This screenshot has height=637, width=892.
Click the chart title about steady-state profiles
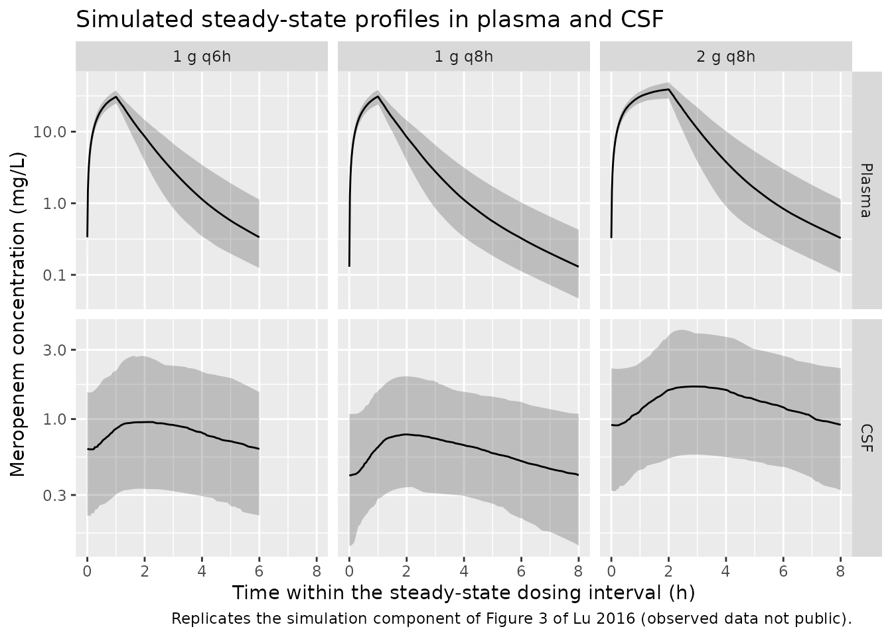coord(370,20)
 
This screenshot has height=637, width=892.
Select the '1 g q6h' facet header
coord(202,56)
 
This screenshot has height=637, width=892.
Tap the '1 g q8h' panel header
coord(463,56)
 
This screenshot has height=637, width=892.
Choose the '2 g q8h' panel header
coord(725,56)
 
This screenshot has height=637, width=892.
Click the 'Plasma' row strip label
coord(867,190)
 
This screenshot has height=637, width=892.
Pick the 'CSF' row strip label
coord(867,438)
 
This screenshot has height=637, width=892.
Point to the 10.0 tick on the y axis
coord(50,132)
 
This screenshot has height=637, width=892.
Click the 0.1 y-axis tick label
coord(54,275)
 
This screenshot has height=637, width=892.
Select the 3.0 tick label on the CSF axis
coord(54,350)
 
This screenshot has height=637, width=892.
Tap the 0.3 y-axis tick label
coord(54,495)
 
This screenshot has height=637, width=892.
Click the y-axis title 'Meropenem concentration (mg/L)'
coord(17,314)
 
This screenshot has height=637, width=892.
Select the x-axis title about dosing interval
coord(463,593)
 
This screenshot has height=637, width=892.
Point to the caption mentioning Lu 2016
coord(511,618)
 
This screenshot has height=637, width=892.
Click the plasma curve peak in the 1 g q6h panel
coord(116,97)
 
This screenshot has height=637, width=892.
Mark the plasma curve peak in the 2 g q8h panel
coord(668,89)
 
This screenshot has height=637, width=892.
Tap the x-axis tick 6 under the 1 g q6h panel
coord(260,572)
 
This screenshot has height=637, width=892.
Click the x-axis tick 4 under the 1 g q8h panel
coord(464,572)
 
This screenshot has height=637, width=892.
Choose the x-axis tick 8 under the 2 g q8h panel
coord(840,572)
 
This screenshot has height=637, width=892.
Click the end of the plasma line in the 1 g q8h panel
coord(578,267)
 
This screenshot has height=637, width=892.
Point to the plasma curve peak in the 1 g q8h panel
coord(378,96)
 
